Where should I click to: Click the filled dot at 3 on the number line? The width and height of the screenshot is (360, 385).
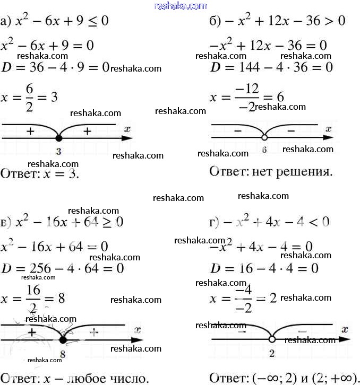(58, 138)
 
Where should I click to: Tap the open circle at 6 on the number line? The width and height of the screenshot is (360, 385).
(264, 138)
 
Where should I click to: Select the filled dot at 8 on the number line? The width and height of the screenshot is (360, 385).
(63, 340)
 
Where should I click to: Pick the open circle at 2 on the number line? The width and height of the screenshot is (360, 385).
(271, 339)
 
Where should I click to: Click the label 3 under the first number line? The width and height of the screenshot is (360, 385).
(58, 152)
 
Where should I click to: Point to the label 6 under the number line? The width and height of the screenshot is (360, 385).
(264, 151)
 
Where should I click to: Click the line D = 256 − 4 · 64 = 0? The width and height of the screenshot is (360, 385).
(63, 269)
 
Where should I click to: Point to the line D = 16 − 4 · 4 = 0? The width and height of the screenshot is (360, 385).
(264, 269)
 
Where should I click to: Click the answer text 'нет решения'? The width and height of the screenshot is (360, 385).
(293, 172)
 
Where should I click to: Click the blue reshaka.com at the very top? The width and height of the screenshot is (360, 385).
(180, 6)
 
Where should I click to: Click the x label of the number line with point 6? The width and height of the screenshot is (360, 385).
(329, 129)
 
